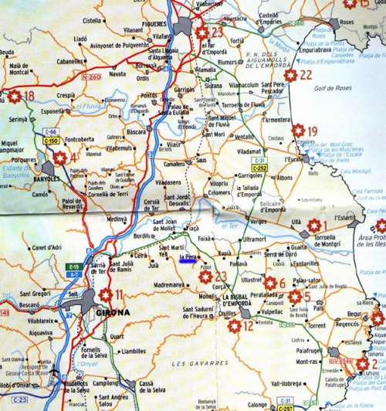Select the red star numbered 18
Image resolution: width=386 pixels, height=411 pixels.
tap(15, 97)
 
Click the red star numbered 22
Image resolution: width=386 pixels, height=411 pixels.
tap(290, 75)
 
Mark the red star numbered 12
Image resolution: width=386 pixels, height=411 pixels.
tap(234, 326)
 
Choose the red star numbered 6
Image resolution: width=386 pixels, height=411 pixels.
tap(269, 284)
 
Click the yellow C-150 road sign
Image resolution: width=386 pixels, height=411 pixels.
tap(51, 141)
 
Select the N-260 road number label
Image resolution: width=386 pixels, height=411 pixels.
tap(91, 77)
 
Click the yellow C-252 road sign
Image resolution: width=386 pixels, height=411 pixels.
tap(259, 168)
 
